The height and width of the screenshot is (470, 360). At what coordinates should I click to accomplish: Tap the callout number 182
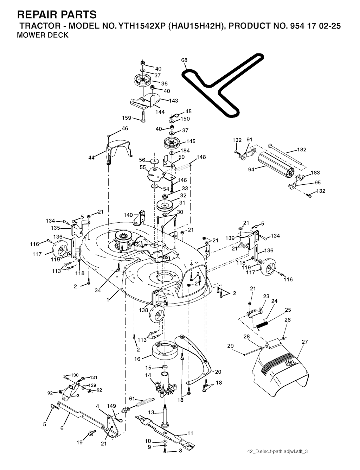[x=302, y=150]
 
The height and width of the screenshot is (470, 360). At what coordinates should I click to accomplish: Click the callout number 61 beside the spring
[x=132, y=399]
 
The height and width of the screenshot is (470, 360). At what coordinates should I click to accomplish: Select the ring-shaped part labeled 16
[x=165, y=352]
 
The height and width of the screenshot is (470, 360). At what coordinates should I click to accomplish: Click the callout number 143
[x=173, y=101]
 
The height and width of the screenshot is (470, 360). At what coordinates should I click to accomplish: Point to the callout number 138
[x=143, y=310]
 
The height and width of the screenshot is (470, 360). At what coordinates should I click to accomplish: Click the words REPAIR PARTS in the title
[x=56, y=14]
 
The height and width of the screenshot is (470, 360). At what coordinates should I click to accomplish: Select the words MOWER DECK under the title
[x=43, y=36]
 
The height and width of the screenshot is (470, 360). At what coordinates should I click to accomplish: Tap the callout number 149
[x=111, y=406]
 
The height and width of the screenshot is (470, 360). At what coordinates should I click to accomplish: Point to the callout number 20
[x=218, y=372]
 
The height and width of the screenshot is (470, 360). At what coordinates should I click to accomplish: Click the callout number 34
[x=98, y=291]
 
